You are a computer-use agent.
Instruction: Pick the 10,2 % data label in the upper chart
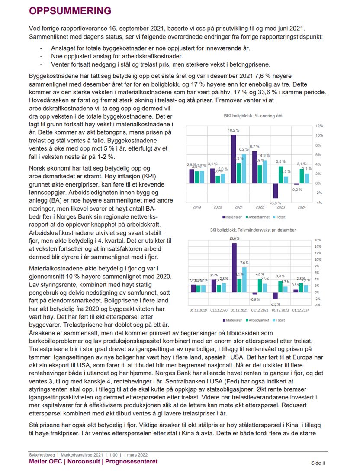pyautogui.click(x=233, y=130)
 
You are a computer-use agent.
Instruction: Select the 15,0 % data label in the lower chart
pyautogui.click(x=234, y=238)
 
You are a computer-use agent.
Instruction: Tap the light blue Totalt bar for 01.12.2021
pyautogui.click(x=244, y=280)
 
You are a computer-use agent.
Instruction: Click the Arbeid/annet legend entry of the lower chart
pyautogui.click(x=259, y=321)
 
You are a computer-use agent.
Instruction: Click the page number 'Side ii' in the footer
pyautogui.click(x=318, y=463)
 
